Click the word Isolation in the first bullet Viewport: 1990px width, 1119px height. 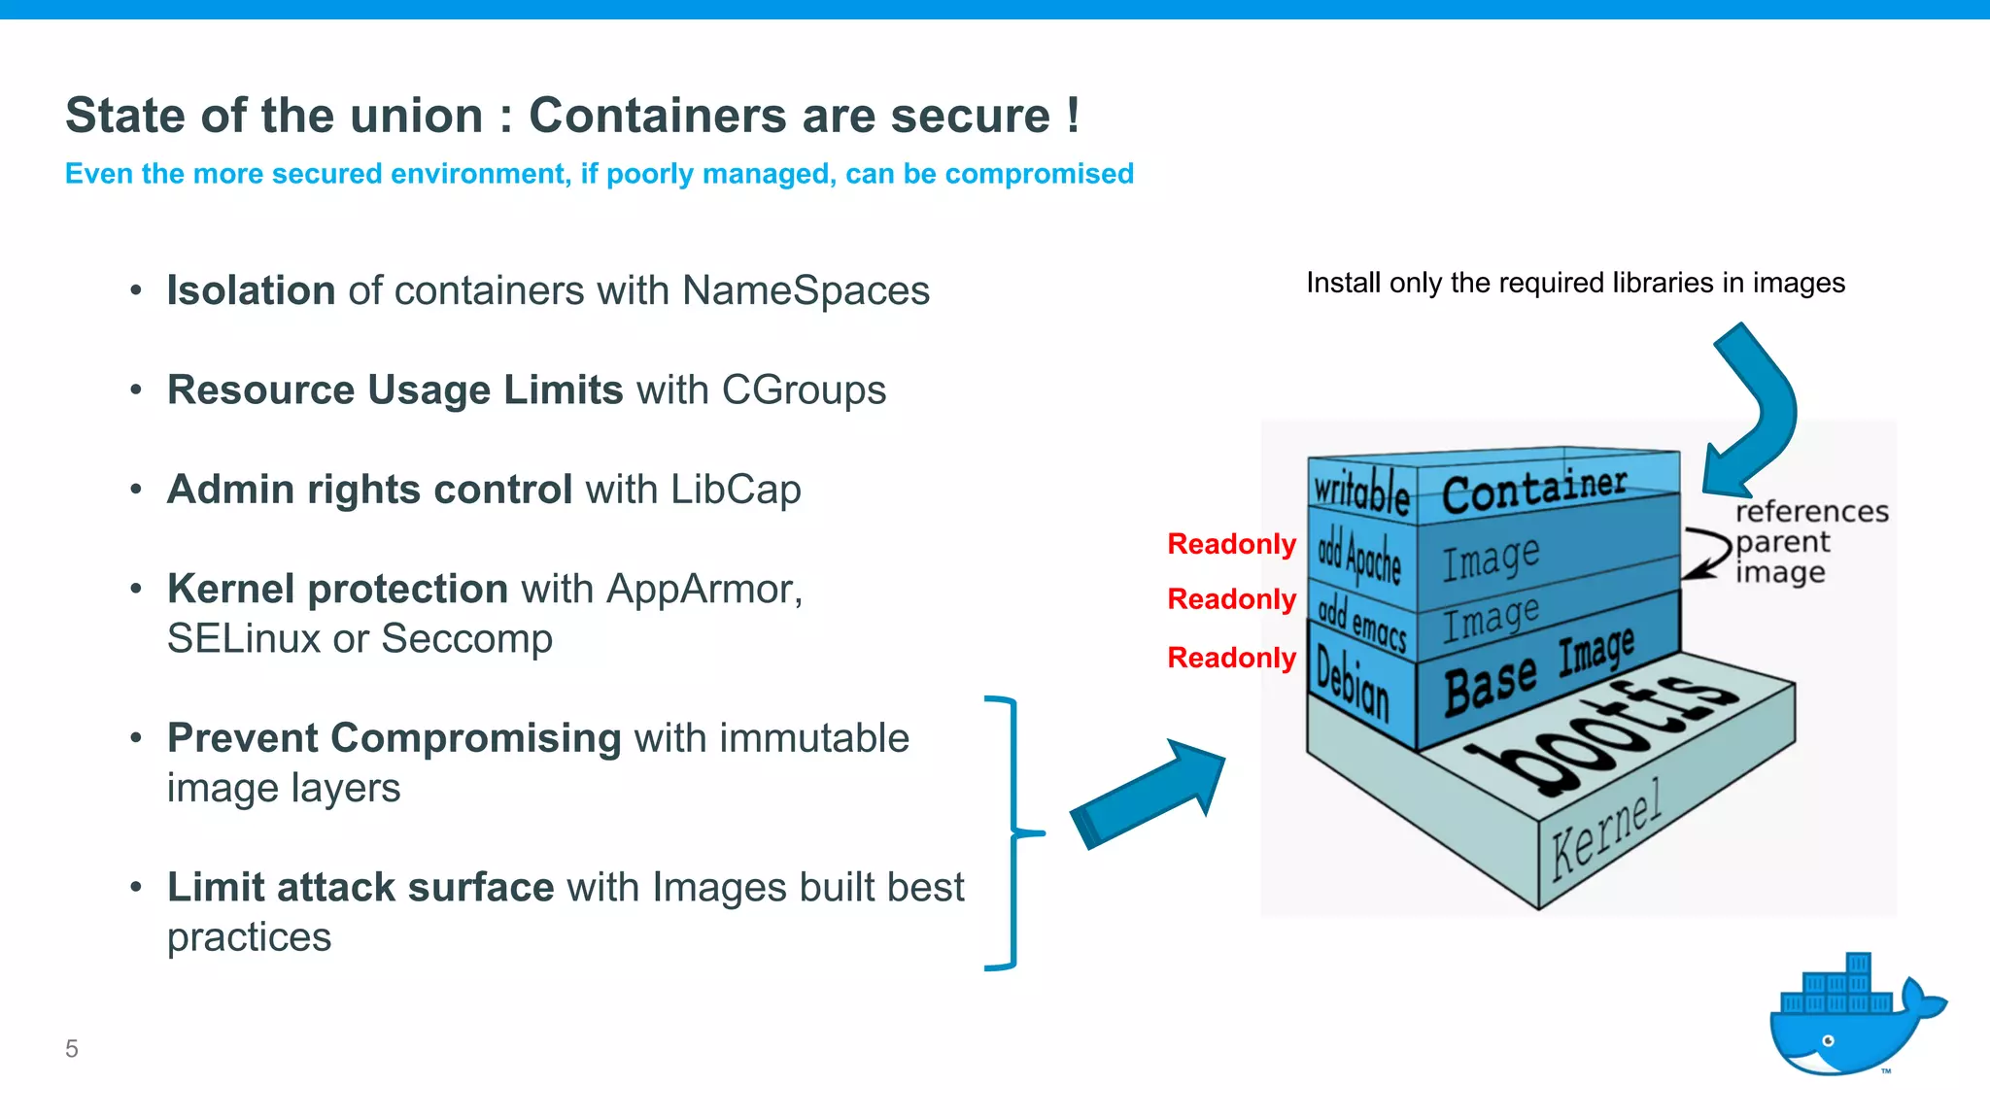click(x=251, y=290)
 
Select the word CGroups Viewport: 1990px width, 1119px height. click(x=804, y=390)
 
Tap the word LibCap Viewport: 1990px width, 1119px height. click(x=736, y=490)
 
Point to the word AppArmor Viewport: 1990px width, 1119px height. click(x=703, y=590)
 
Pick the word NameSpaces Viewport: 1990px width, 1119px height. click(x=806, y=290)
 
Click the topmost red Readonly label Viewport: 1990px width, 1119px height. click(x=1231, y=544)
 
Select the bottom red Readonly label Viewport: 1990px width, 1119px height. click(x=1231, y=658)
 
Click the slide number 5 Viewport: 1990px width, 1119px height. click(x=72, y=1049)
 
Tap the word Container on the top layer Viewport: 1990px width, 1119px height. click(x=1533, y=490)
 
